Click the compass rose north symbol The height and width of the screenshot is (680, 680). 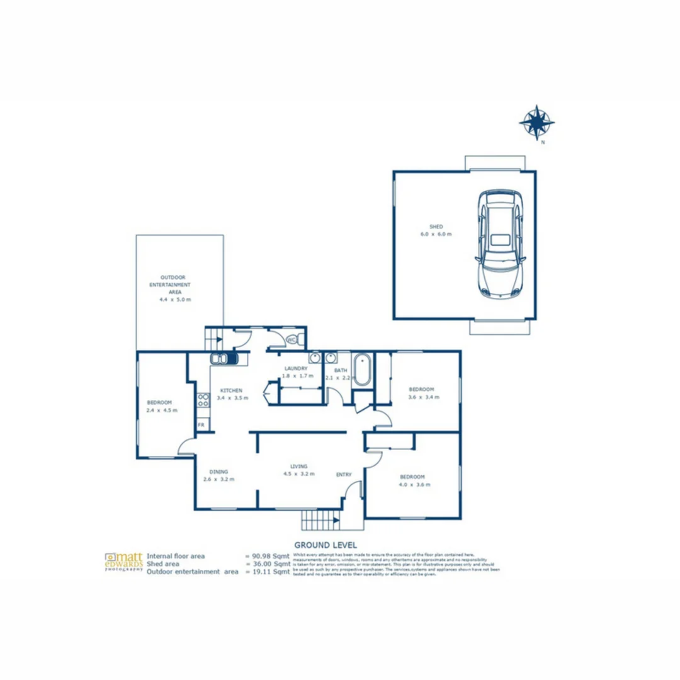[x=536, y=123]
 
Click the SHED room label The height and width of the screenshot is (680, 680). [x=436, y=226]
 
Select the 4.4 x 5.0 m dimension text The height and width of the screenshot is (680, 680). [x=175, y=300]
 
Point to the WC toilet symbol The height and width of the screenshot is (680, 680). [x=292, y=340]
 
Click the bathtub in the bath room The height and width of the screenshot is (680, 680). [x=361, y=370]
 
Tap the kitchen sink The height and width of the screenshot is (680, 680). [x=224, y=359]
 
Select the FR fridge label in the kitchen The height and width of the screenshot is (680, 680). [x=201, y=426]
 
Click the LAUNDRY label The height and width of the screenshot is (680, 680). [x=295, y=368]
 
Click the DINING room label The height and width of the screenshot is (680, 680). [x=218, y=471]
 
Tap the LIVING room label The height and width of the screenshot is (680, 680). [x=298, y=466]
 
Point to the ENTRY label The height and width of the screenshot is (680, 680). [x=344, y=475]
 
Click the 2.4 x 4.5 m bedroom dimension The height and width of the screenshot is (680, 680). [x=162, y=410]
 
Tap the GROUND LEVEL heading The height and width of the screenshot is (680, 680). [x=326, y=544]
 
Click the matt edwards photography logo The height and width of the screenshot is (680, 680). [x=123, y=562]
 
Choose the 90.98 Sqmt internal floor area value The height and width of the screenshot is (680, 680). [x=268, y=557]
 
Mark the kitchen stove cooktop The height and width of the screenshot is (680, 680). [x=203, y=400]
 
